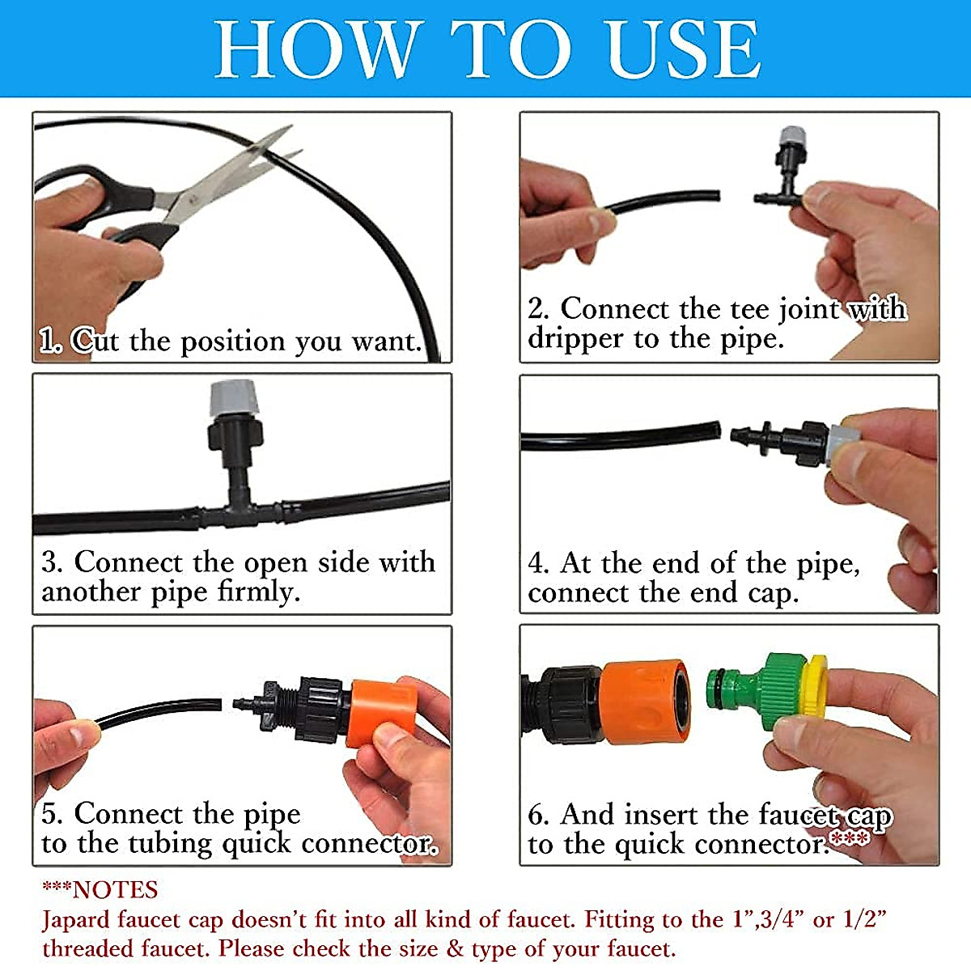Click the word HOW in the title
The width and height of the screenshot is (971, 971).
pos(316,49)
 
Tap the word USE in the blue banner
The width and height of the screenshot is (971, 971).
pos(683,49)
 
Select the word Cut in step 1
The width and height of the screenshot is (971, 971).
pos(95,341)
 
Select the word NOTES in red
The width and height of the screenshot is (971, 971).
pos(116,891)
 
